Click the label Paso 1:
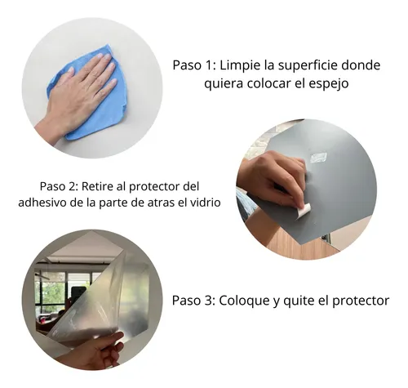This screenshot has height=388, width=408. point(194,65)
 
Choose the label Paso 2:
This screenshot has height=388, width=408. point(59,186)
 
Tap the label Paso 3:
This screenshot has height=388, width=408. point(194,301)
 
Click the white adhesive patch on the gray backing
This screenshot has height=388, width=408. point(318,158)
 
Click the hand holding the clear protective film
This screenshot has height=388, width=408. point(92,351)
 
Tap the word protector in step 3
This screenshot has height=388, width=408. point(361,301)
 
